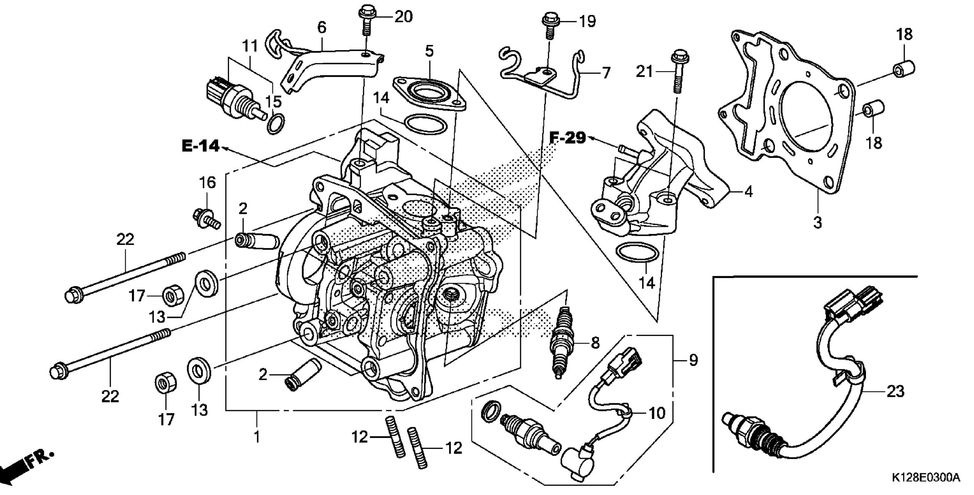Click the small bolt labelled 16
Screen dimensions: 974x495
click(206, 218)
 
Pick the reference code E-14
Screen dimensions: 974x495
click(201, 146)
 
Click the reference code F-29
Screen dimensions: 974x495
click(568, 138)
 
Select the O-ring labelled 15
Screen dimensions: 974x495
click(275, 123)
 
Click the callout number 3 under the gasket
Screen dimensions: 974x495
click(817, 222)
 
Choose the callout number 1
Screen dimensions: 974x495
click(257, 437)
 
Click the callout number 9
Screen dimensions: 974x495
click(693, 360)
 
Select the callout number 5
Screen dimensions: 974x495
click(429, 51)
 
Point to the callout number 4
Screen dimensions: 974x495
click(748, 192)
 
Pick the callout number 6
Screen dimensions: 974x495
click(321, 27)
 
